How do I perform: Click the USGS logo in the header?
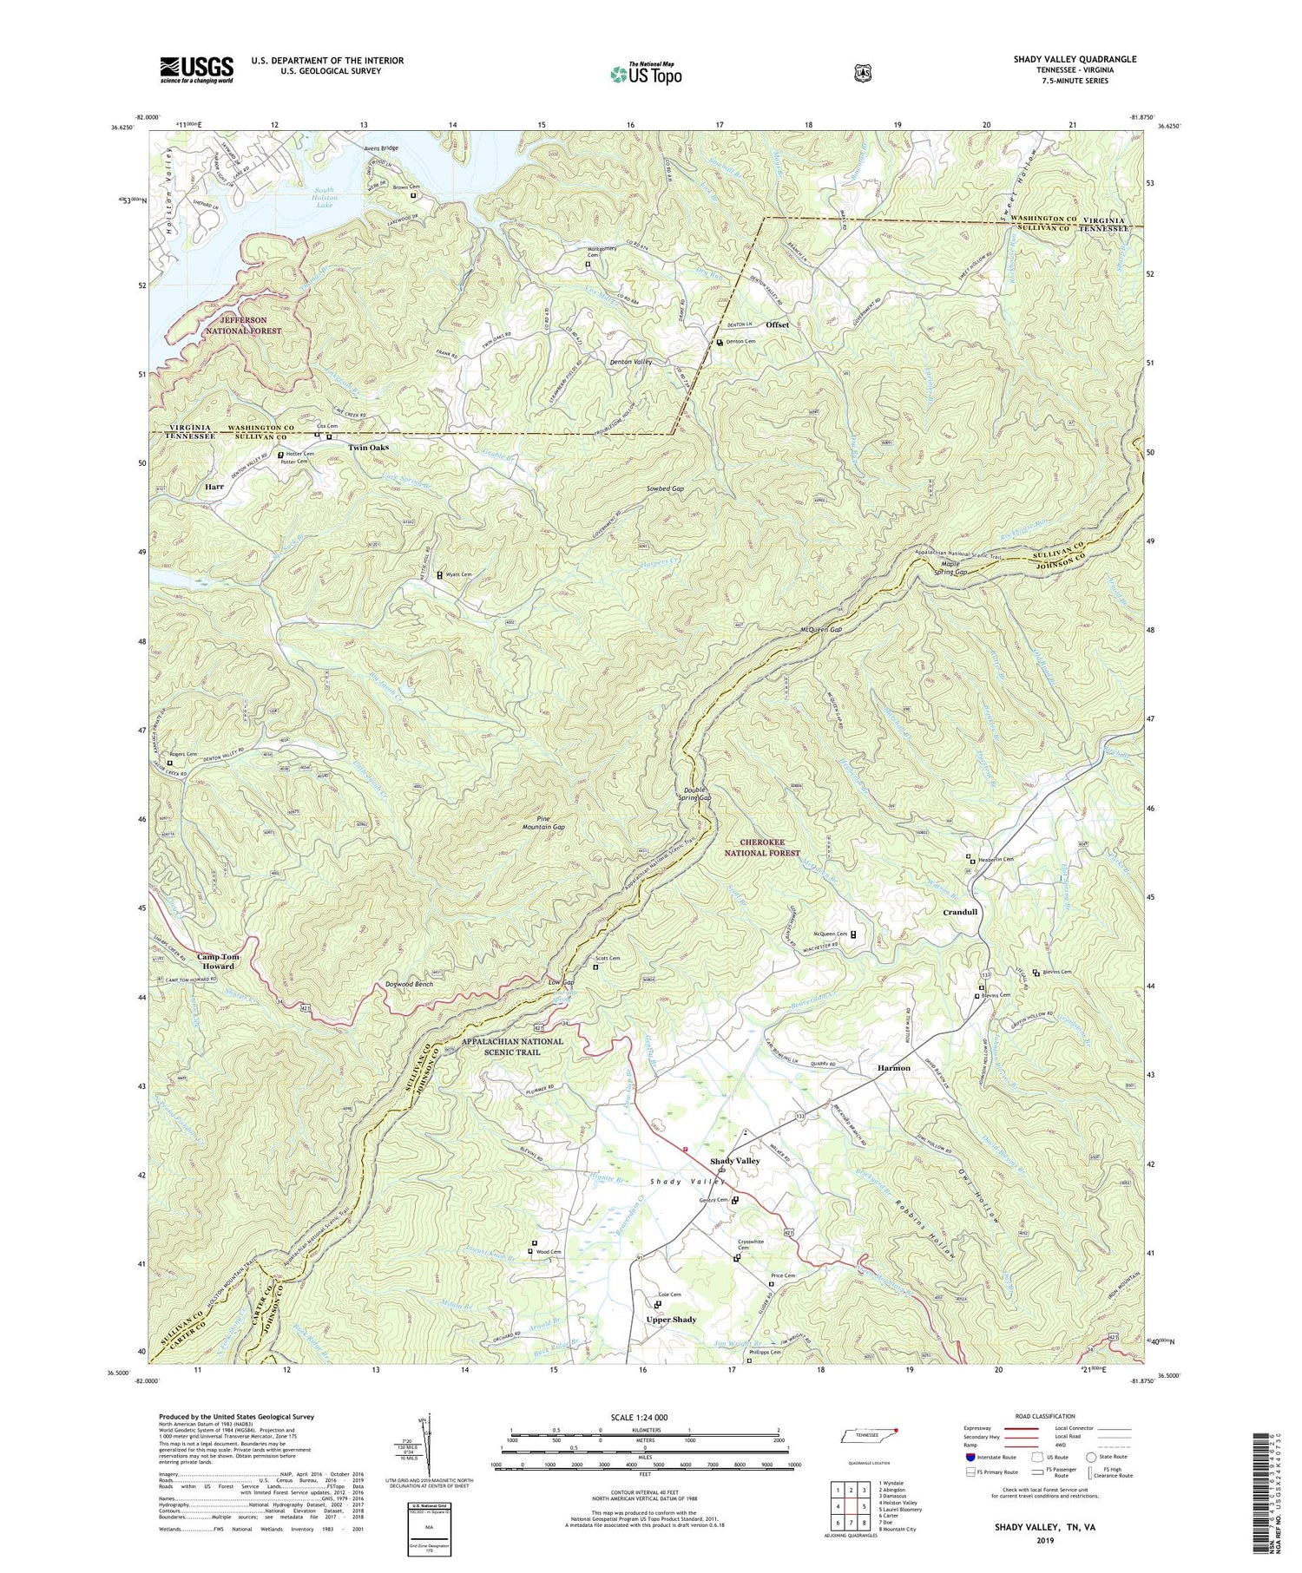click(196, 69)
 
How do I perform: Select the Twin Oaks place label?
click(368, 448)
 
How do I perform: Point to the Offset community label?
click(777, 324)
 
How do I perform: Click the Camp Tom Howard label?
click(218, 961)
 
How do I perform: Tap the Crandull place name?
click(960, 912)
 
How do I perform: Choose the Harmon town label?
click(893, 1068)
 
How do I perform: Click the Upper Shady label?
click(671, 1320)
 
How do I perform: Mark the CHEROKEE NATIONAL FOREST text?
click(762, 848)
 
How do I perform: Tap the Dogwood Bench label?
click(409, 985)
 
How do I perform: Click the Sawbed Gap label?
click(665, 488)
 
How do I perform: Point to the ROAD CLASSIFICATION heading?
click(1044, 1416)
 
